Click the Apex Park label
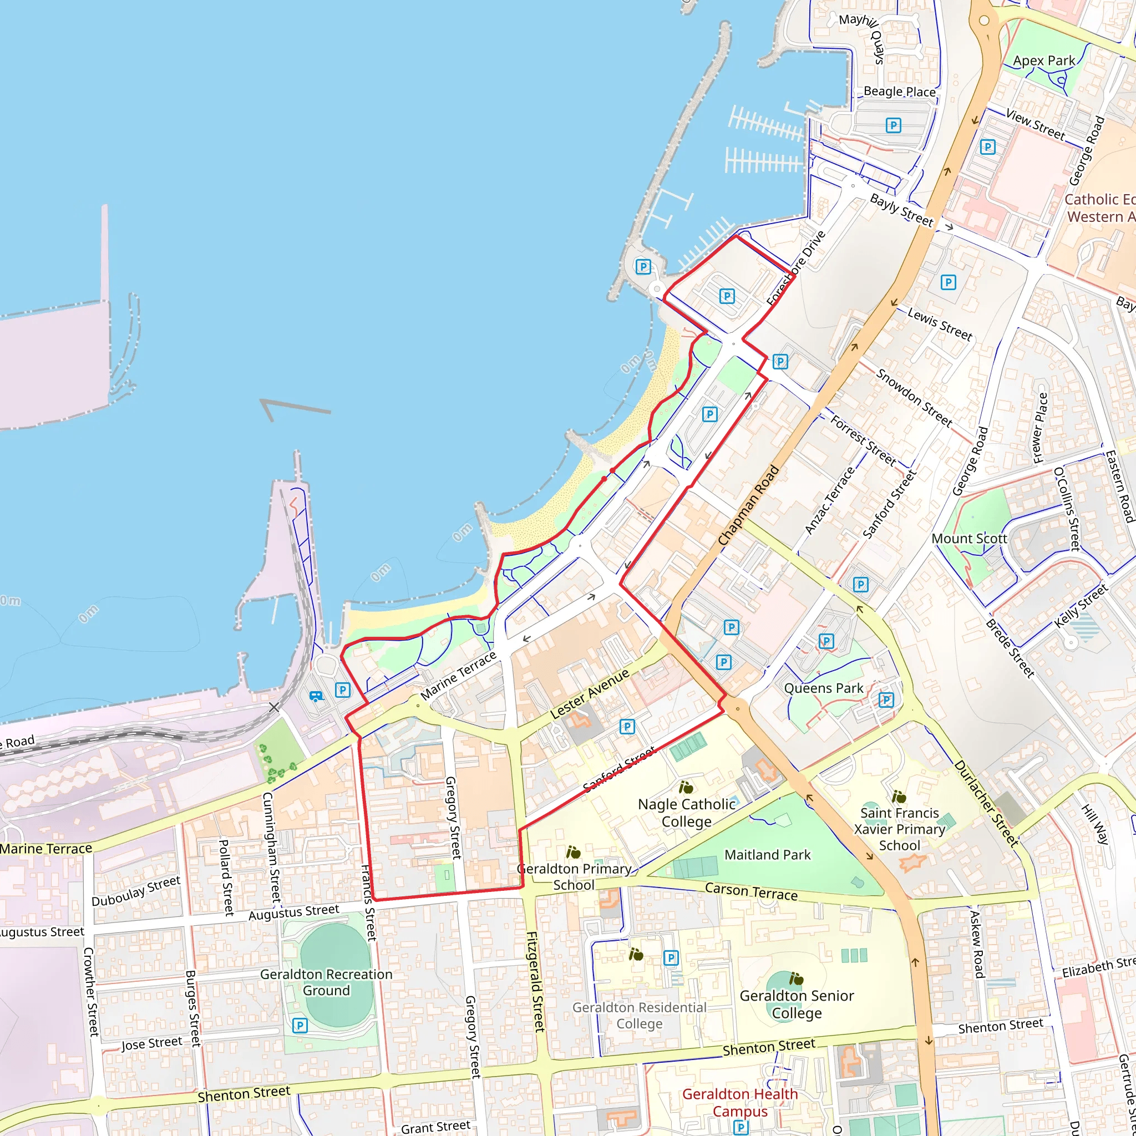click(1044, 60)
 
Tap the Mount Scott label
click(969, 539)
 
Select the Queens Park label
click(823, 688)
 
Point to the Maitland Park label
click(767, 854)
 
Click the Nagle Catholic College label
click(686, 813)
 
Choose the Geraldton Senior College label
click(797, 1005)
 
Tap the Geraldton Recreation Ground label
click(326, 982)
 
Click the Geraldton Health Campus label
click(740, 1103)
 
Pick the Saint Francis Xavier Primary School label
click(899, 829)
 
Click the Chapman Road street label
click(748, 505)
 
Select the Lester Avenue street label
click(589, 694)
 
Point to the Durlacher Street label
click(986, 803)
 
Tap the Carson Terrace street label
click(751, 891)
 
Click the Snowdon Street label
click(914, 398)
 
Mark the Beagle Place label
click(899, 92)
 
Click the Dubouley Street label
click(136, 891)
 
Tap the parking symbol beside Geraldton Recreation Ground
click(300, 1026)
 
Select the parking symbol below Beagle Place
click(893, 125)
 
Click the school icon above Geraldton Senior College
click(796, 978)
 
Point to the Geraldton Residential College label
click(639, 1016)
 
